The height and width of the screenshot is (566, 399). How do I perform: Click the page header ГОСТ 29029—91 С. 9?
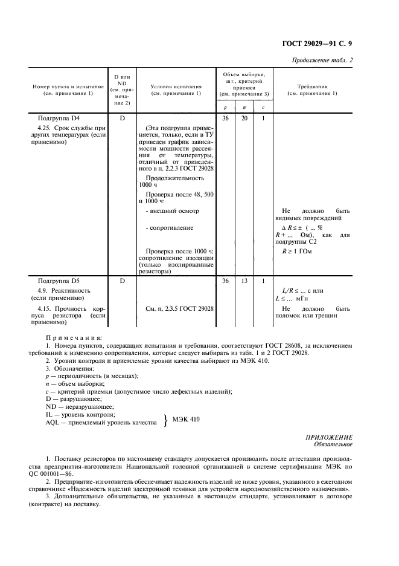tap(321, 43)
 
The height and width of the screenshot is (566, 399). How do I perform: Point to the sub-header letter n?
tap(244, 107)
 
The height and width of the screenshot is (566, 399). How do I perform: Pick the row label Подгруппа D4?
tap(63, 119)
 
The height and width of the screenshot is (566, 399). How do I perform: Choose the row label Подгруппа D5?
tap(63, 281)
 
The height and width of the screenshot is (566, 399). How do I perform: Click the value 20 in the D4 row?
tap(244, 119)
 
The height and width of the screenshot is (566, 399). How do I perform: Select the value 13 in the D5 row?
tap(244, 281)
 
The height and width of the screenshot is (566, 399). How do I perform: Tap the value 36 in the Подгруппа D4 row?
tap(225, 119)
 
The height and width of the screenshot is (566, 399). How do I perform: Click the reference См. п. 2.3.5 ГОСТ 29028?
tap(180, 308)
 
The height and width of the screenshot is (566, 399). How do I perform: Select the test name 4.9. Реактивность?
tap(63, 291)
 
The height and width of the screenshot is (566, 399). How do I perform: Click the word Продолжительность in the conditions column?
tap(176, 178)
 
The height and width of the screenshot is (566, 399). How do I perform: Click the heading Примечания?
tap(74, 337)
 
